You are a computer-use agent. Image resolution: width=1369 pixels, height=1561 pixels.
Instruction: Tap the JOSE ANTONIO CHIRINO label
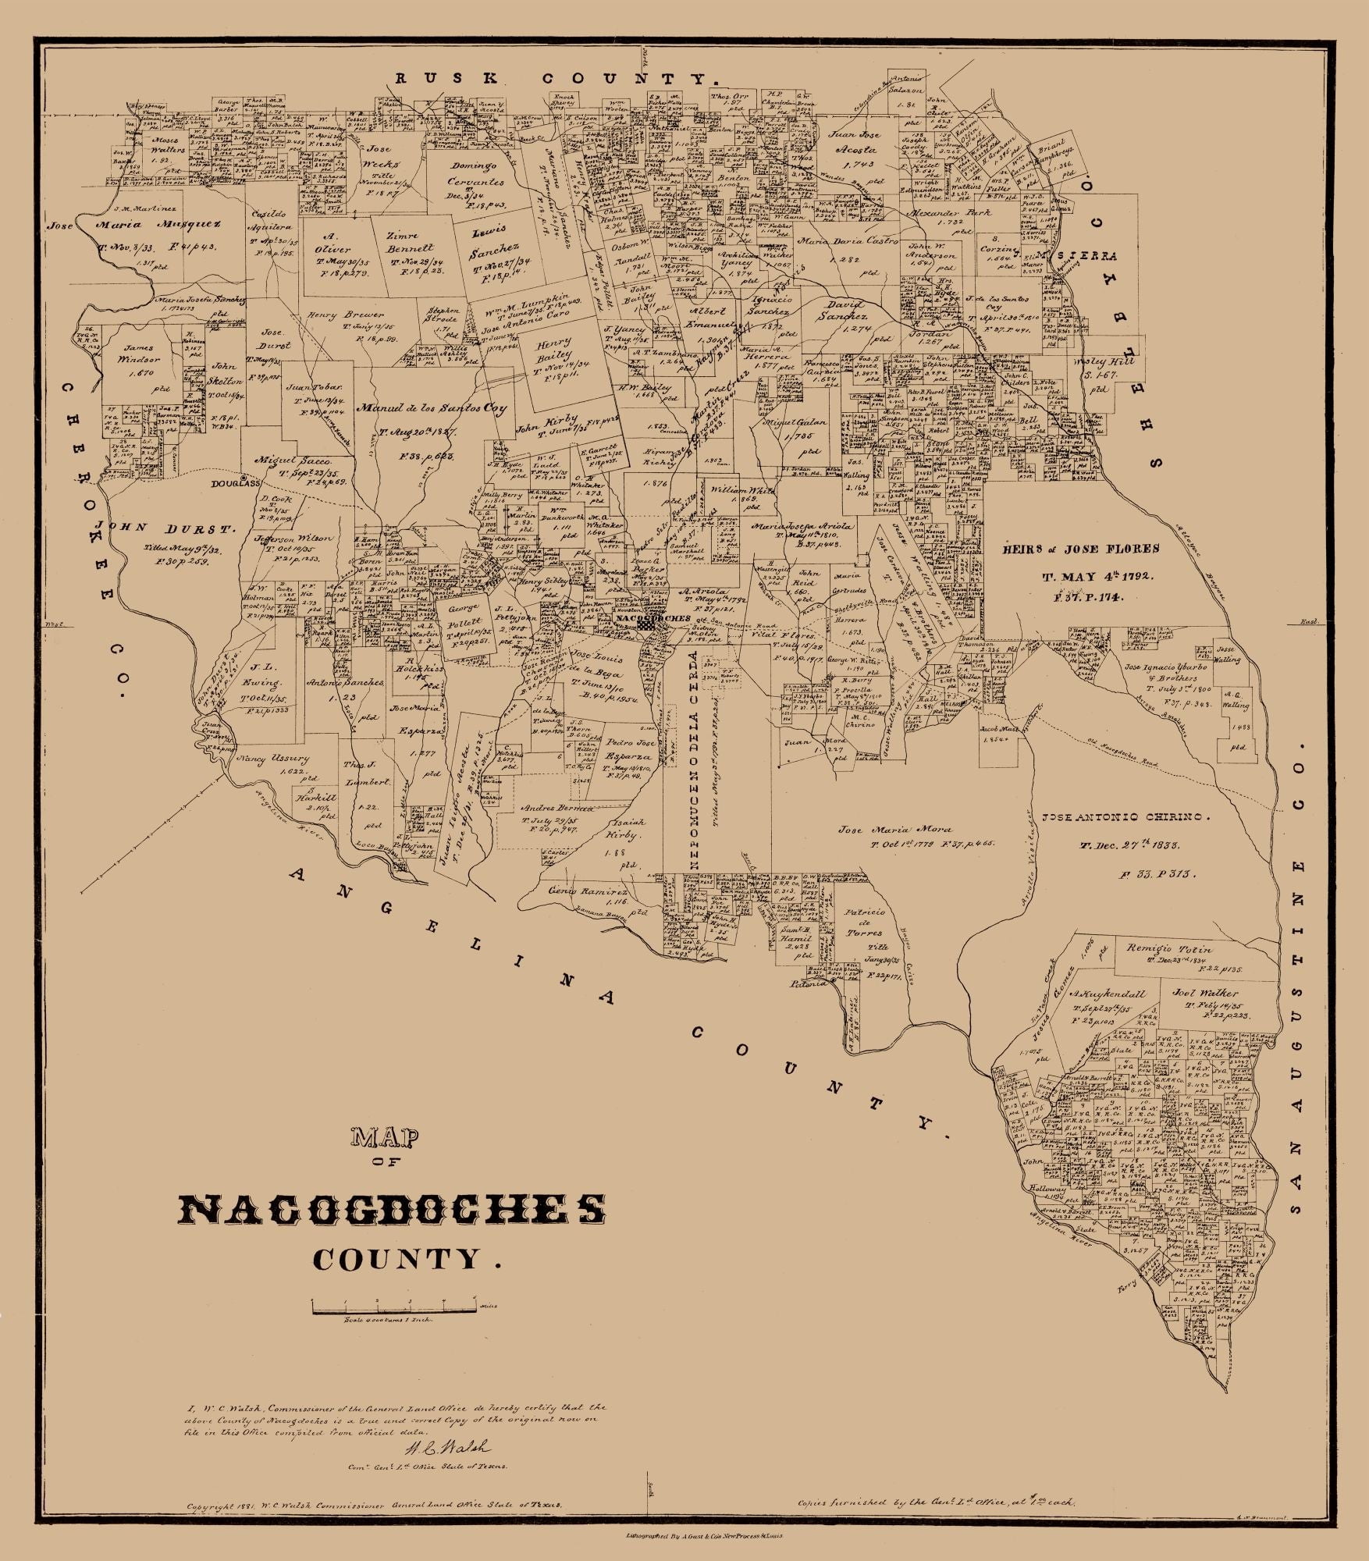click(1125, 818)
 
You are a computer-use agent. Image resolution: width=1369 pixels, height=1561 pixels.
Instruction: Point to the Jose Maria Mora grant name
click(881, 830)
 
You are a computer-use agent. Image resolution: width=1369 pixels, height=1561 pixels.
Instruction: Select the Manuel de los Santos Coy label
click(432, 407)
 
